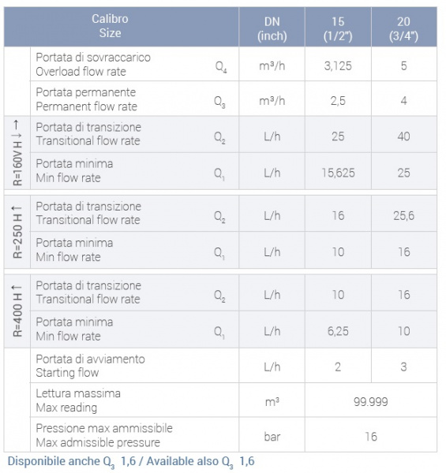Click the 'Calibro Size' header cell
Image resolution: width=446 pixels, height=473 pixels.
pyautogui.click(x=110, y=26)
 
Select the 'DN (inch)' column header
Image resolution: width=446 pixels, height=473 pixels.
pyautogui.click(x=272, y=29)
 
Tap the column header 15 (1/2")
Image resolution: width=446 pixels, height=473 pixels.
pyautogui.click(x=338, y=29)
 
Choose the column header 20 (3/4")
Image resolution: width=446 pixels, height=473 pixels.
pyautogui.click(x=403, y=29)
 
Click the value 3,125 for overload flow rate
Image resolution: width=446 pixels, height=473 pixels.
pyautogui.click(x=338, y=65)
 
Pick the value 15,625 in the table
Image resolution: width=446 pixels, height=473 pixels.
pyautogui.click(x=338, y=173)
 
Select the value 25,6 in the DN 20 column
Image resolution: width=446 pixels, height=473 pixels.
pyautogui.click(x=403, y=216)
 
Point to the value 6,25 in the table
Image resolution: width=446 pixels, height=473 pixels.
pyautogui.click(x=338, y=331)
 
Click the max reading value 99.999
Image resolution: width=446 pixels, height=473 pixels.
pyautogui.click(x=371, y=402)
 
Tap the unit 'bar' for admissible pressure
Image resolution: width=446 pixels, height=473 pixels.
pyautogui.click(x=272, y=437)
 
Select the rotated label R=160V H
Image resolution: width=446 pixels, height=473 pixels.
pyautogui.click(x=17, y=153)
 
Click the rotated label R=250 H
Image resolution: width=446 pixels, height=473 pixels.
pyautogui.click(x=17, y=232)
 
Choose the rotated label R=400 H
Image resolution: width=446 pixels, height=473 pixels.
pyautogui.click(x=17, y=311)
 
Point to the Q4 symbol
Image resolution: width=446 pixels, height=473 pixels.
pyautogui.click(x=221, y=66)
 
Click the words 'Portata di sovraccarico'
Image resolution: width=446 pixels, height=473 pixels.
pyautogui.click(x=93, y=58)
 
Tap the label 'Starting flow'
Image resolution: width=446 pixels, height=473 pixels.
pyautogui.click(x=67, y=373)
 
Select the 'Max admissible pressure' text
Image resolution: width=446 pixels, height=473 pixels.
pyautogui.click(x=98, y=442)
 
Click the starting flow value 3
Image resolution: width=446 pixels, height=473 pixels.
pyautogui.click(x=403, y=367)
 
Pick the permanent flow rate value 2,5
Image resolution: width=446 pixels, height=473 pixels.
pyautogui.click(x=338, y=101)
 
